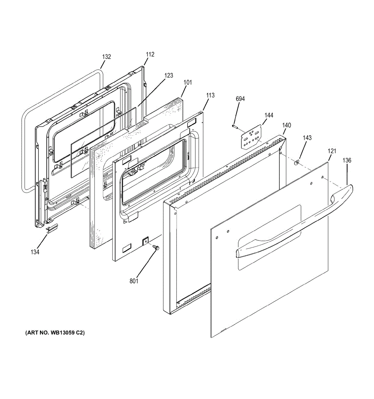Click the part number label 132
tap(106, 57)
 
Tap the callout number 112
tap(150, 55)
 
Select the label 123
tap(169, 75)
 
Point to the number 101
tap(187, 82)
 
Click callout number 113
tap(210, 95)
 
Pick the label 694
tap(240, 99)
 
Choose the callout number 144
tap(269, 115)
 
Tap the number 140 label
tap(286, 125)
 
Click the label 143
tap(307, 138)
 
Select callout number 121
tap(332, 151)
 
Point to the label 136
tap(347, 160)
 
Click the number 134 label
tap(35, 252)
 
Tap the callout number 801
tap(134, 281)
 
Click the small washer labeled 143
tap(296, 162)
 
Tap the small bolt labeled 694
tap(235, 126)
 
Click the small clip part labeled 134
tap(52, 229)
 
